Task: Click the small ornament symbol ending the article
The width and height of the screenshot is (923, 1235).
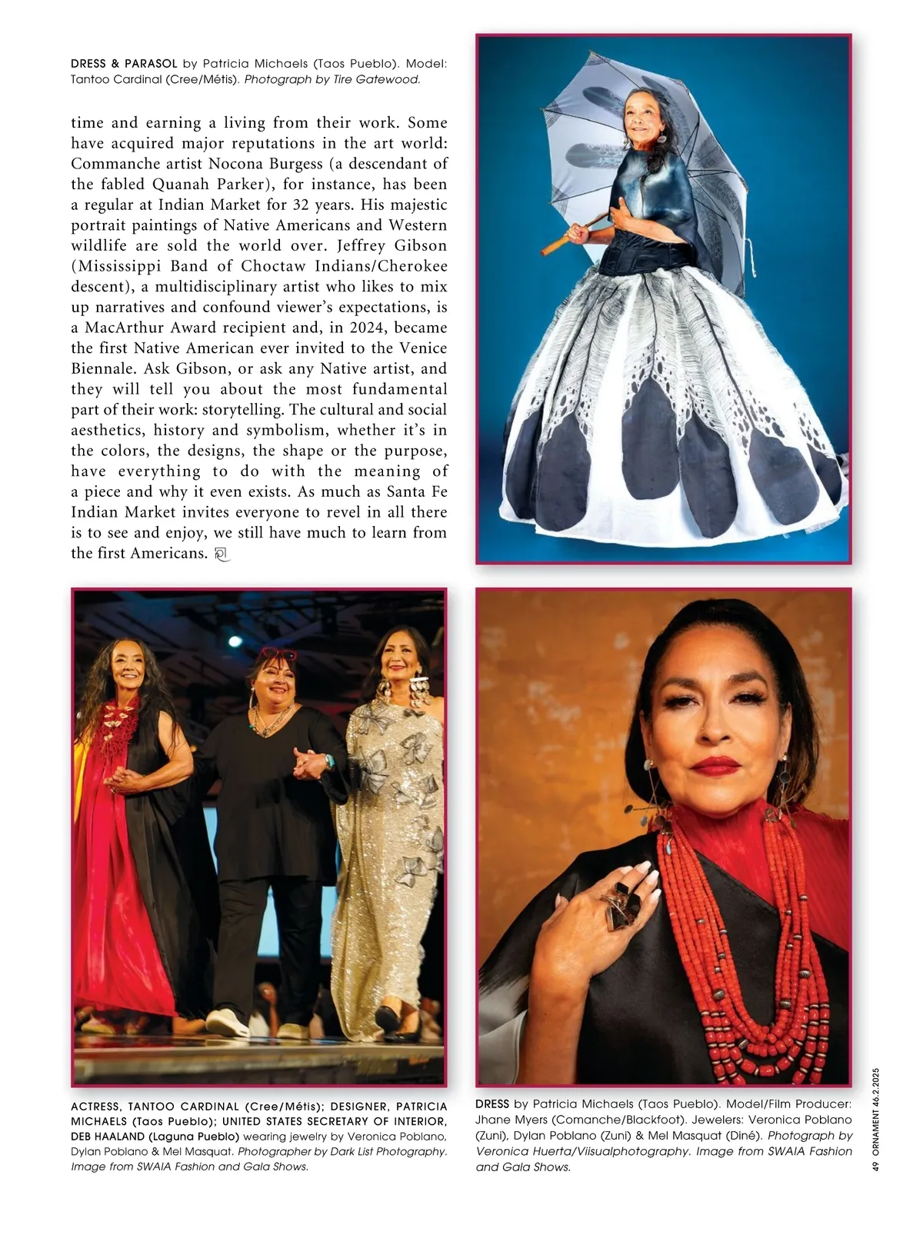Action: click(222, 554)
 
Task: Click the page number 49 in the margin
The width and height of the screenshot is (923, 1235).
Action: click(876, 1165)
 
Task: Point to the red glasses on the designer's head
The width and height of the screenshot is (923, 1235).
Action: click(277, 654)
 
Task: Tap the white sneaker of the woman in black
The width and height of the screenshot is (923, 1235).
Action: click(227, 1023)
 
